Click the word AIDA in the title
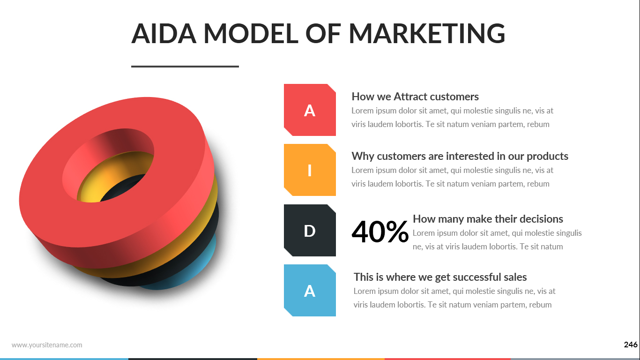164,34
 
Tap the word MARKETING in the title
427,34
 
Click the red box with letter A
310,110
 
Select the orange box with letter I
310,170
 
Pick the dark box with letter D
310,230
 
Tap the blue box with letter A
310,290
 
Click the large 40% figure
380,232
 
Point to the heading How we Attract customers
415,97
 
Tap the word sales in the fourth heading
515,277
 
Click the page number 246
631,345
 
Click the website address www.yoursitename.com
47,345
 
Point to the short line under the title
185,67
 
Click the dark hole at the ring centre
123,187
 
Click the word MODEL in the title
251,34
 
